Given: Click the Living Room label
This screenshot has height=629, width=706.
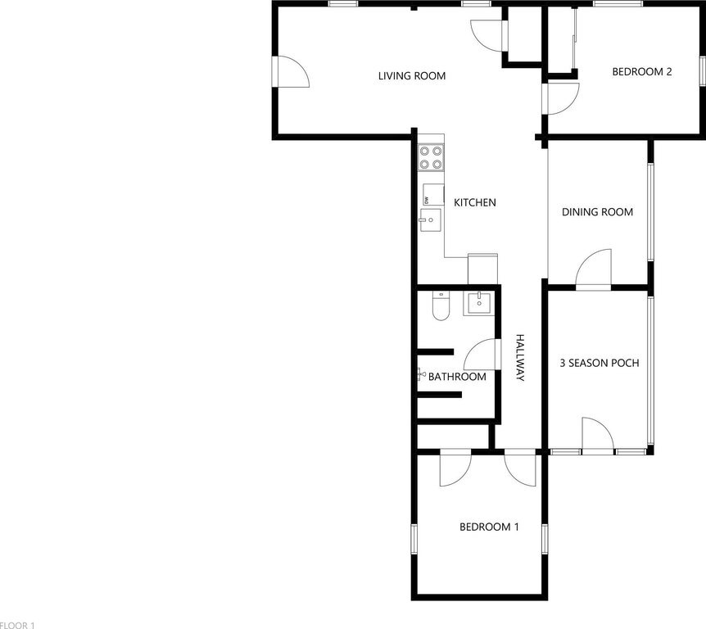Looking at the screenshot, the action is tap(412, 76).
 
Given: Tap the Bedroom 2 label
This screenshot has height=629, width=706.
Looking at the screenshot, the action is tap(642, 71).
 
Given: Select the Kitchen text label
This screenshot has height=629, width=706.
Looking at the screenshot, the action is tap(475, 202).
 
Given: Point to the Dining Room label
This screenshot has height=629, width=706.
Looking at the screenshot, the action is tap(598, 211).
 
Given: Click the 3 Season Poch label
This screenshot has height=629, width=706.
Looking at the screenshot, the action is tap(600, 363).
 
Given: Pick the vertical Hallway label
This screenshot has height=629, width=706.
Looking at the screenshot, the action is tap(520, 358).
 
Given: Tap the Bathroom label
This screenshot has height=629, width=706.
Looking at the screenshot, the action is tap(457, 377).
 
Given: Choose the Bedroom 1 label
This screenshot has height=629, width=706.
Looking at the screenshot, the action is tap(489, 527).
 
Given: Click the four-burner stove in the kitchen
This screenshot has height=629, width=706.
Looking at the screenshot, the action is tap(431, 157).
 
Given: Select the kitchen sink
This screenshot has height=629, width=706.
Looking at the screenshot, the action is tap(431, 220).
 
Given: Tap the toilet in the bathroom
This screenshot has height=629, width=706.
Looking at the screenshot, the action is tap(441, 306).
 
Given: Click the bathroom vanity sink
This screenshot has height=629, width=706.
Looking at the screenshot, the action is tap(479, 304).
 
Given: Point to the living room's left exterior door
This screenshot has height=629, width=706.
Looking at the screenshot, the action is tap(291, 71).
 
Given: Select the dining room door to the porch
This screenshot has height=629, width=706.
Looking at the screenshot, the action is tap(594, 269).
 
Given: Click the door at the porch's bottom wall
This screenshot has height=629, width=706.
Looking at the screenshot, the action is tap(598, 436).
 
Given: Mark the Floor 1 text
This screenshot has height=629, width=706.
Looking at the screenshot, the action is tap(17, 625).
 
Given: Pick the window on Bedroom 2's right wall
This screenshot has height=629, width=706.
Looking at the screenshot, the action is tap(702, 70).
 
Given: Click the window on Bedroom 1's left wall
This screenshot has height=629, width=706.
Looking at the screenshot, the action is tap(414, 539).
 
